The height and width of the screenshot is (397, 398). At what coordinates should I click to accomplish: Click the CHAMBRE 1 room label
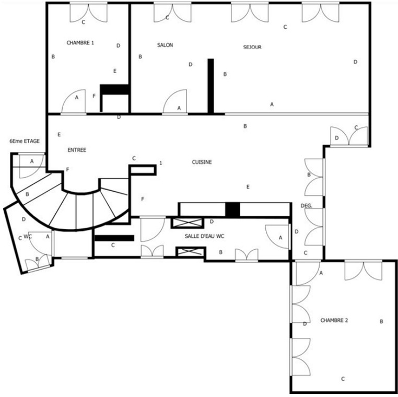80,43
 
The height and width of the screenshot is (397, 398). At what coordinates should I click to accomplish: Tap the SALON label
165,45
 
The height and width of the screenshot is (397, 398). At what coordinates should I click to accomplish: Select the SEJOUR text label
252,47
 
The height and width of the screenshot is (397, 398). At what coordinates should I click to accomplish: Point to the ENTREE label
77,150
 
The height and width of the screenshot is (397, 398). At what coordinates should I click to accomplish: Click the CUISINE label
202,162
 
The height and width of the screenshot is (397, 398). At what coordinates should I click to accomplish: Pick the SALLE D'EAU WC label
204,236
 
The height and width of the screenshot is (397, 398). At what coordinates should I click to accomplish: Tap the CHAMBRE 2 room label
334,320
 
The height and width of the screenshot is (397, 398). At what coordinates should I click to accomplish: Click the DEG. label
307,206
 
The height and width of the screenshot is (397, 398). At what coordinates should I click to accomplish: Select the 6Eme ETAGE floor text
25,141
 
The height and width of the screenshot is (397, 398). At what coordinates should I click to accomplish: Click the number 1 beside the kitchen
161,163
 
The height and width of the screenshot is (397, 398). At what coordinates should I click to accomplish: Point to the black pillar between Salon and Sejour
210,86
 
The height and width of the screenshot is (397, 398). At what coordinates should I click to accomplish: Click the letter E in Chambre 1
115,71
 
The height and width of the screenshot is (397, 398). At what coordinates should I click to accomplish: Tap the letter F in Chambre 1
94,96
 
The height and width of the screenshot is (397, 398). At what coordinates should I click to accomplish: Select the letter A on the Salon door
179,108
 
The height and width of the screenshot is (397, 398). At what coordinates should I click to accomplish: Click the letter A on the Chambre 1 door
77,98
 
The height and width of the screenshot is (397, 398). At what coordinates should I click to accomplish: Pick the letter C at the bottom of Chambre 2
343,379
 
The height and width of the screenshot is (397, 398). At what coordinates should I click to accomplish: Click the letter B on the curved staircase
27,194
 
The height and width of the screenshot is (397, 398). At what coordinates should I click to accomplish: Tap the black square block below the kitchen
232,209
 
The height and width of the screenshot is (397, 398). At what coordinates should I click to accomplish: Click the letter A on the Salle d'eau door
280,238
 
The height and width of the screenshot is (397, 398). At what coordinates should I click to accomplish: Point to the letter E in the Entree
59,135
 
